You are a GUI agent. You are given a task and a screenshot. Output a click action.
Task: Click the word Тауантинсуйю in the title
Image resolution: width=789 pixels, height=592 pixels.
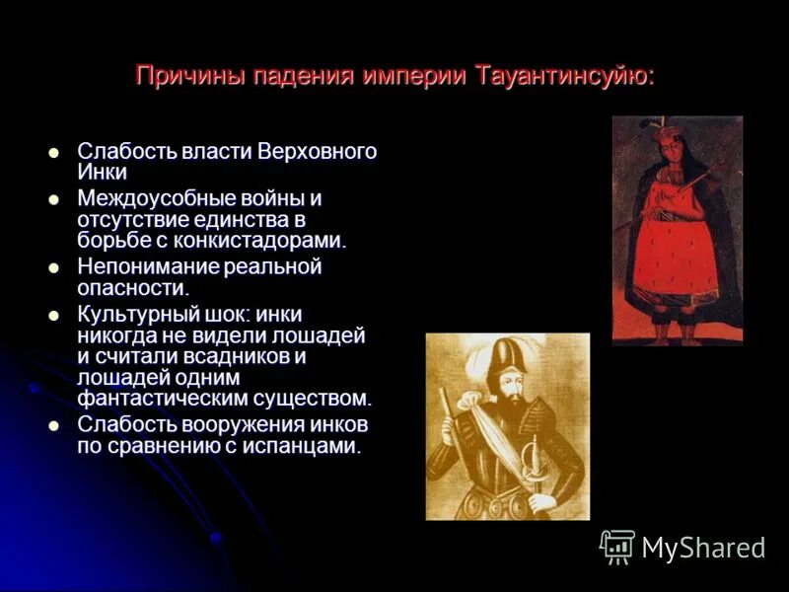point(564,76)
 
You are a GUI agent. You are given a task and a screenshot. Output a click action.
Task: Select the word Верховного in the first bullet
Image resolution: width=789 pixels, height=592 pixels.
point(318,152)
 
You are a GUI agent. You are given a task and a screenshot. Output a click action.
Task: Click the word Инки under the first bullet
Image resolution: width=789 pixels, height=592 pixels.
point(103,172)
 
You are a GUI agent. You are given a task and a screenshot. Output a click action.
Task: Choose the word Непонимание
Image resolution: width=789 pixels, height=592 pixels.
point(147,266)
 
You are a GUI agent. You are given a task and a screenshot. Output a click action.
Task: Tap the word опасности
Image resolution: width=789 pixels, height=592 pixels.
point(132,287)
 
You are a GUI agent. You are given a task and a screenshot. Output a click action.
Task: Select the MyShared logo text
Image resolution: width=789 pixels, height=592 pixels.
point(703,548)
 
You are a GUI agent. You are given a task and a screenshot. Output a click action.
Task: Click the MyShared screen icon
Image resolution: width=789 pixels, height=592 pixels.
point(617,547)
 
